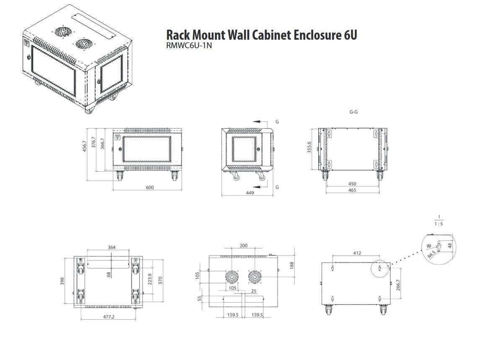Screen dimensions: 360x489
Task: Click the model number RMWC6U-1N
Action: (x=189, y=46)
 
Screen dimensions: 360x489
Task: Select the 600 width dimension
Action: (x=150, y=187)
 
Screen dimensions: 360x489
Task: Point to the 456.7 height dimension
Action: (x=85, y=146)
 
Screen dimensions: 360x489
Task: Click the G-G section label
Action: (x=354, y=112)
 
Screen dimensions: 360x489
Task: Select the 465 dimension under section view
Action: (x=352, y=190)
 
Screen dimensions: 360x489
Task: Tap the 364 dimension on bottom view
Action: (x=112, y=248)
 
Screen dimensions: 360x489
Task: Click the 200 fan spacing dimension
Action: (x=243, y=246)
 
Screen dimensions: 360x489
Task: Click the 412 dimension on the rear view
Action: (x=357, y=253)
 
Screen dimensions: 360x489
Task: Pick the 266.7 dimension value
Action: (x=398, y=285)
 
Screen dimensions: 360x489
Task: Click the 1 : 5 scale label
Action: (x=439, y=224)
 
